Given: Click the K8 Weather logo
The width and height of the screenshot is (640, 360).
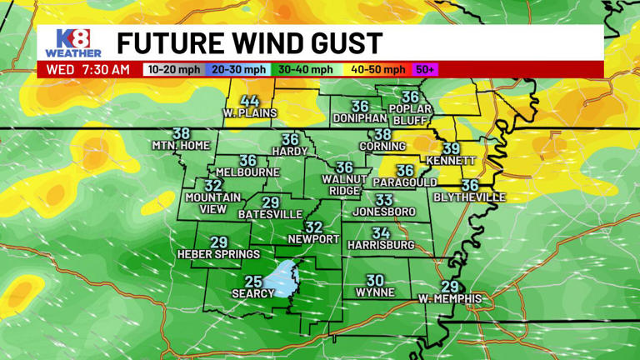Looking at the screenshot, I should tap(72, 43).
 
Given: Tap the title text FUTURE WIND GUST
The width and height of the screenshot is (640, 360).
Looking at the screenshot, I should tap(249, 42).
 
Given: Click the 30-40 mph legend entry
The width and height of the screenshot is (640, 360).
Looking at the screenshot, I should tap(305, 70).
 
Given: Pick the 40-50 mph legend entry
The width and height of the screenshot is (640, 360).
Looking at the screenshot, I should tap(377, 70).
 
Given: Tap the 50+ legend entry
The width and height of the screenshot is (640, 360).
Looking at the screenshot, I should tap(425, 70).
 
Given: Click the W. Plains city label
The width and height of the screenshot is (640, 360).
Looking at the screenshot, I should tap(249, 113).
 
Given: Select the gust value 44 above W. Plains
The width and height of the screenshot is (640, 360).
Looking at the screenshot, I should tap(249, 102).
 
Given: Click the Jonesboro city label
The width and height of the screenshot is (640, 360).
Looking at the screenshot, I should tap(383, 212).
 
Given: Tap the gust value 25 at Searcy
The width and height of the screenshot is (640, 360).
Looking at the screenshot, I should tap(253, 282).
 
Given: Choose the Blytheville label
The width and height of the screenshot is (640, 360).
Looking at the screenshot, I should tap(470, 197).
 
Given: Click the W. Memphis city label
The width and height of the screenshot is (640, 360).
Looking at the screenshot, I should tap(449, 297).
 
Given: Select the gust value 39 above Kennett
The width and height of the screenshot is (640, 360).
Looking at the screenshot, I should tap(451, 148).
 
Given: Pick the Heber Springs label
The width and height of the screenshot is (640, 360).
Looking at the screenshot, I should tap(218, 253).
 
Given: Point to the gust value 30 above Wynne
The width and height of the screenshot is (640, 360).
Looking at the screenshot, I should tap(375, 281).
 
